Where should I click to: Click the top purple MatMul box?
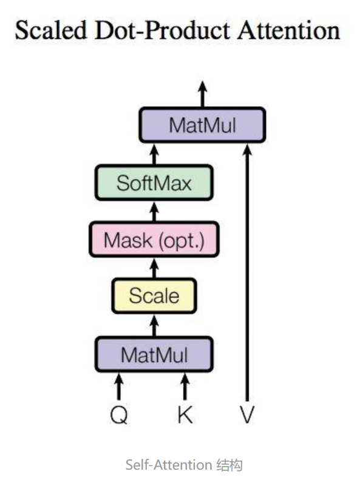pos(202,125)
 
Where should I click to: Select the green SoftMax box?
pos(154,183)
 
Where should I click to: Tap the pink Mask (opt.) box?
pos(154,240)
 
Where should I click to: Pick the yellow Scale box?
pos(154,296)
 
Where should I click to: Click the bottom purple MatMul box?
pos(154,354)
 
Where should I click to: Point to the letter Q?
pos(119,415)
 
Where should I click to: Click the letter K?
pos(185,414)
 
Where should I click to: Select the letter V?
pos(247,414)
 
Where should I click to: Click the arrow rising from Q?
pos(119,387)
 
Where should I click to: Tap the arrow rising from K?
pos(185,387)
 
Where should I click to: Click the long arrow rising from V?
pos(247,272)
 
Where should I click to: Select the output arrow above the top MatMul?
pos(202,94)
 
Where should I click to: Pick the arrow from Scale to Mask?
pos(154,268)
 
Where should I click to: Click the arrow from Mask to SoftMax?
pos(154,212)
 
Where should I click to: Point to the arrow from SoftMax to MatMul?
pos(154,155)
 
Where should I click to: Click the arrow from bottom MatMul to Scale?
pos(154,325)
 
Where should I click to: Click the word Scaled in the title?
pos(51,30)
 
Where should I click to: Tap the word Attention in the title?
pos(289,30)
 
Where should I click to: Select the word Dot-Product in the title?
pos(163,30)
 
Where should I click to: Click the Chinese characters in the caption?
pos(229,465)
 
